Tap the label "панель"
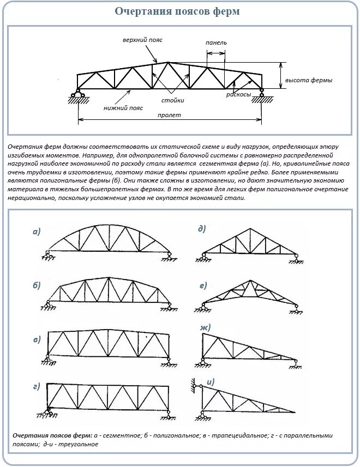pyautogui.click(x=216, y=43)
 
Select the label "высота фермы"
pyautogui.click(x=309, y=80)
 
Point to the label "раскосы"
pyautogui.click(x=239, y=94)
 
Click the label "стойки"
pyautogui.click(x=172, y=100)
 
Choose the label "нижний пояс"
pyautogui.click(x=123, y=108)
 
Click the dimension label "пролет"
pyautogui.click(x=169, y=115)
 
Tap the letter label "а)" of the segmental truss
pyautogui.click(x=37, y=232)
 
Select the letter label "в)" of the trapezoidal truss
pyautogui.click(x=37, y=339)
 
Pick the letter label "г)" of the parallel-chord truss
pyautogui.click(x=37, y=386)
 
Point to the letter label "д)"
pyautogui.click(x=202, y=229)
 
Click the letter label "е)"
pyautogui.click(x=203, y=286)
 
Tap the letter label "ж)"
pyautogui.click(x=206, y=327)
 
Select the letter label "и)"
pyautogui.click(x=211, y=381)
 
